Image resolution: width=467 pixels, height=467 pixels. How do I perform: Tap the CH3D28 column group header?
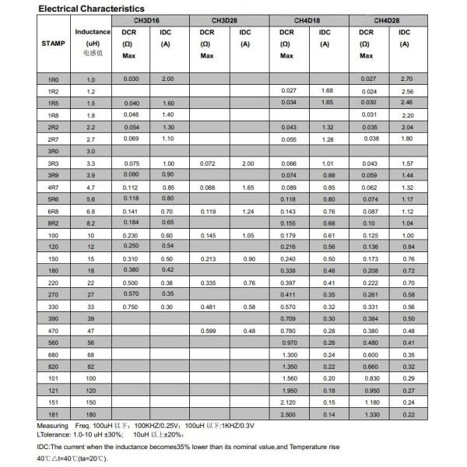(230, 20)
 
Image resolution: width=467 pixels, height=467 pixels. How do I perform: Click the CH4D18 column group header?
(308, 20)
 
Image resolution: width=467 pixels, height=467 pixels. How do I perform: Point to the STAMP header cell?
(52, 44)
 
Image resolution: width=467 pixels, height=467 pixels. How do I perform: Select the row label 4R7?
(52, 188)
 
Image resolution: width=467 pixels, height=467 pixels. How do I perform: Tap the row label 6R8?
(52, 212)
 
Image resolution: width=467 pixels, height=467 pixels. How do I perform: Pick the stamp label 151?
(52, 402)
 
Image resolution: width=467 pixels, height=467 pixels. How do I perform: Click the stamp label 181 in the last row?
(52, 414)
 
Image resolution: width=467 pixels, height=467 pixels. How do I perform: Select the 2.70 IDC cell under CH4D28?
(406, 79)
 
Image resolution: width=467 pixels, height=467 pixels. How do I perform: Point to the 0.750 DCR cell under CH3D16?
(132, 307)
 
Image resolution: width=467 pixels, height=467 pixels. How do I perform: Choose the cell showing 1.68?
(328, 91)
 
